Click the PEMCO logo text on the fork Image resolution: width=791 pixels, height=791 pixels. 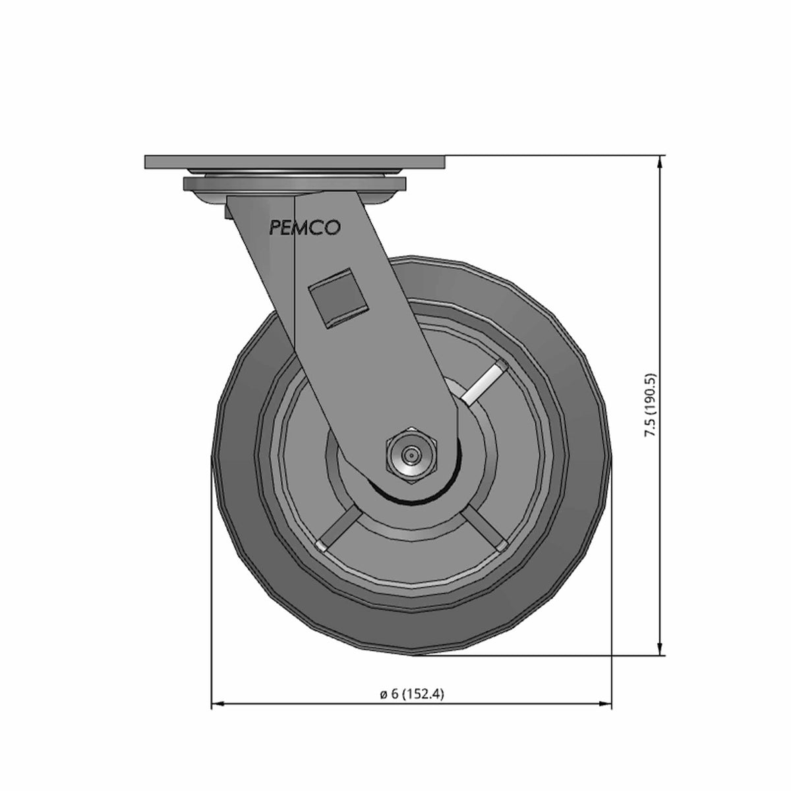click(x=304, y=228)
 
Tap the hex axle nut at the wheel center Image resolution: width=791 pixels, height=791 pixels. click(x=412, y=455)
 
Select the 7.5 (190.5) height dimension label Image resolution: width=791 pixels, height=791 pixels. click(x=651, y=405)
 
